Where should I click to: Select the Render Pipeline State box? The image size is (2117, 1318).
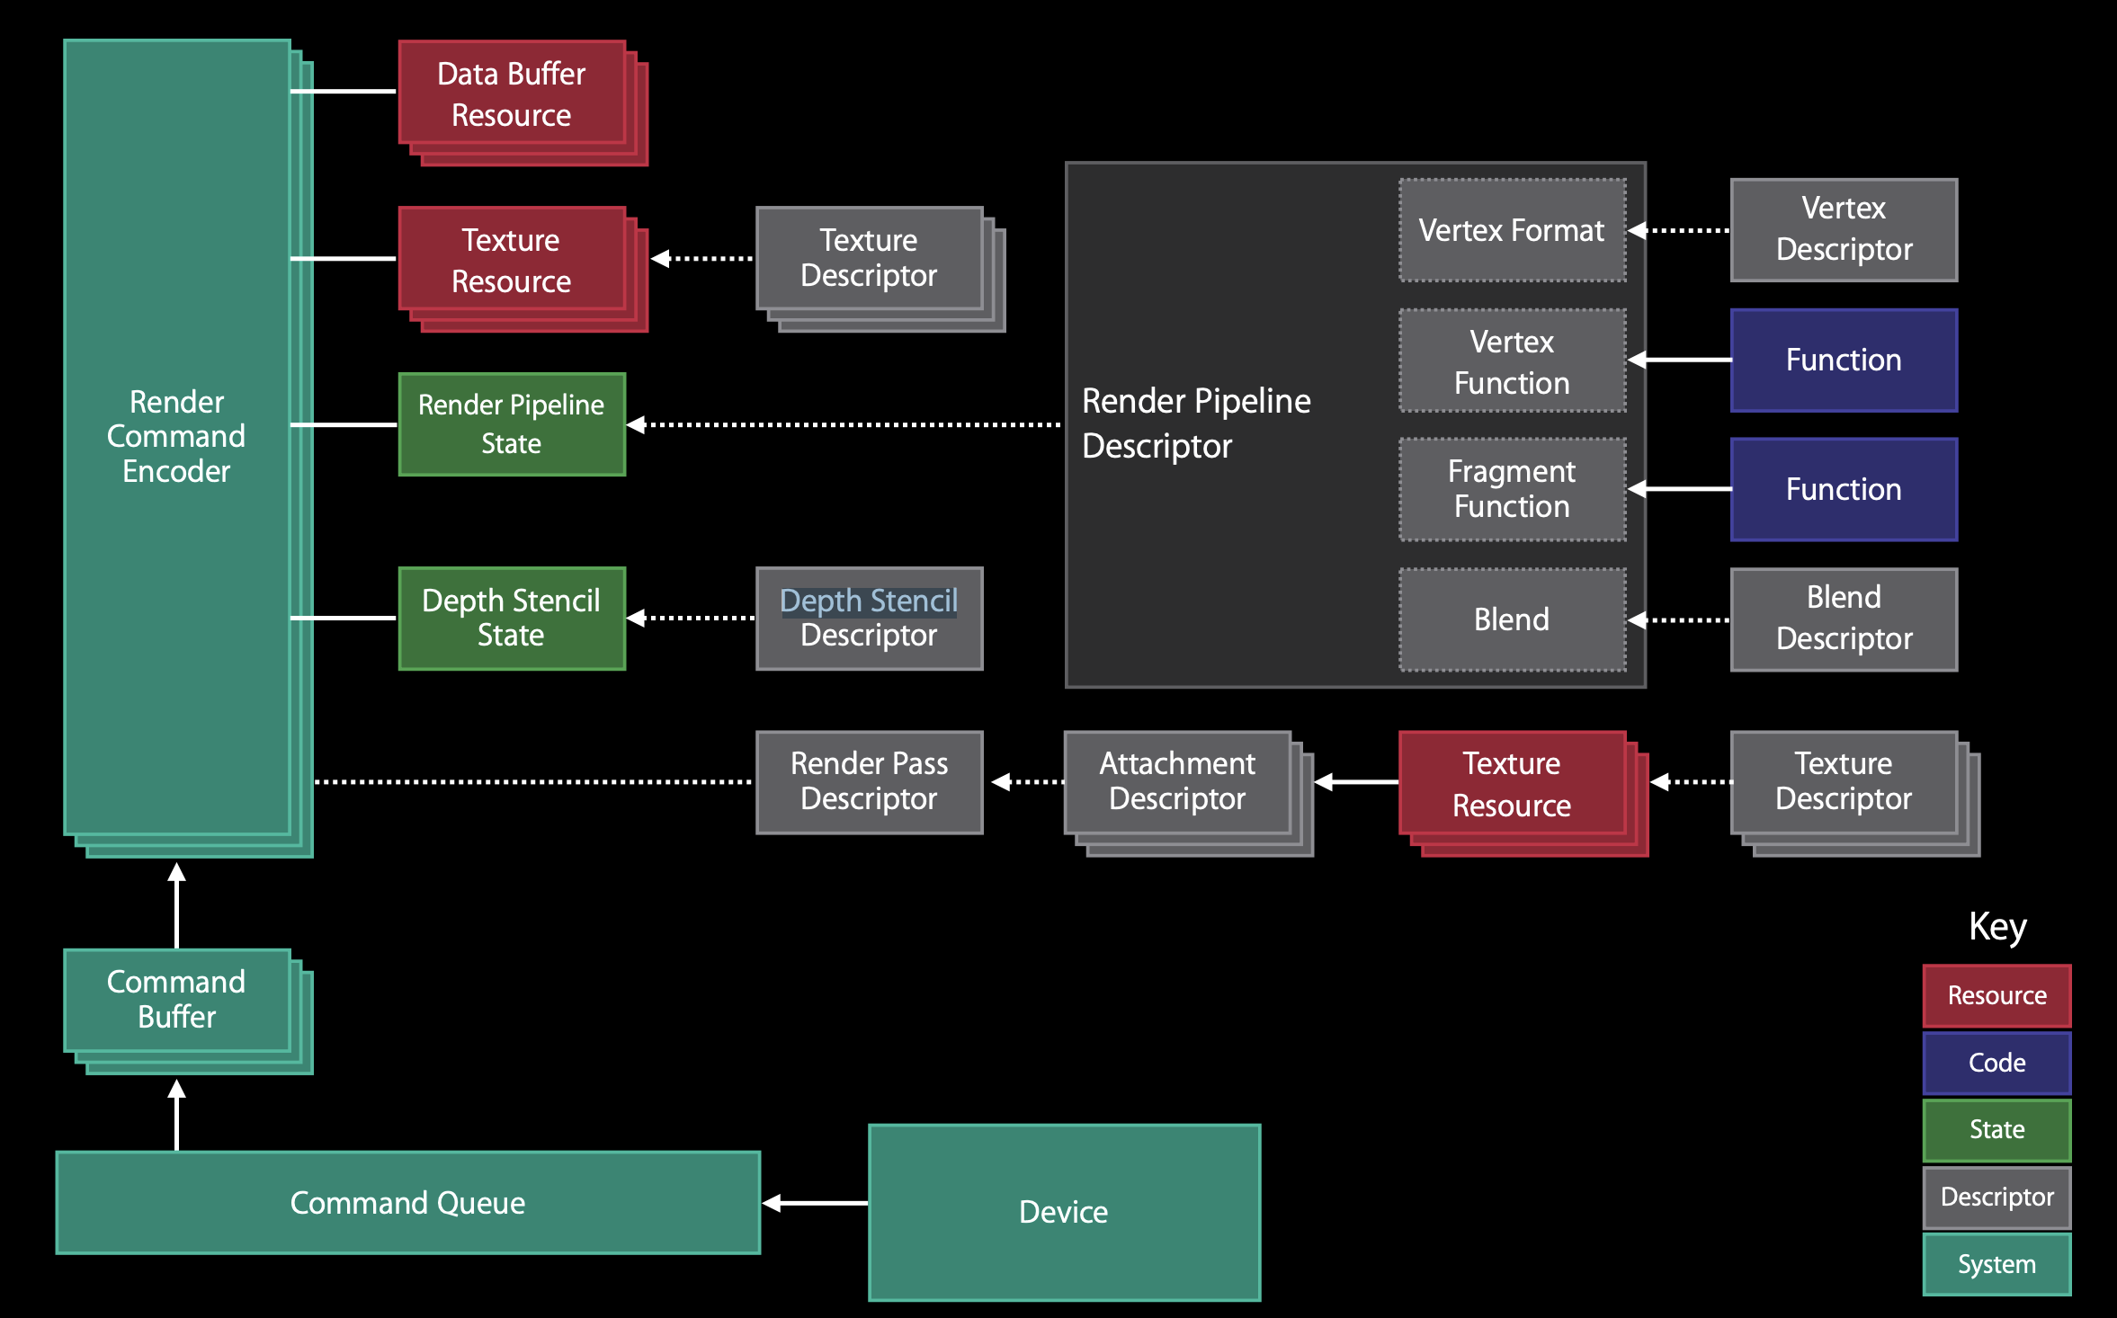tap(512, 424)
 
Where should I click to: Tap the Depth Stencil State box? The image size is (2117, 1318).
tap(512, 619)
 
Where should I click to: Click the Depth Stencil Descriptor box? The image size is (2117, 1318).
tap(870, 619)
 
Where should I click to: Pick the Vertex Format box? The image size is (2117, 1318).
tap(1513, 230)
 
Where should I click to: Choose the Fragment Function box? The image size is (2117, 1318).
tap(1513, 489)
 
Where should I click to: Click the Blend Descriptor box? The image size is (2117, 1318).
tap(1845, 619)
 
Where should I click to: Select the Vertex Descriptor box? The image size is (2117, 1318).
tap(1845, 230)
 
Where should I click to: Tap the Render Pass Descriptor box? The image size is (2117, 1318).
tap(870, 782)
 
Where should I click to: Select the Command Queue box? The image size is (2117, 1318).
tap(408, 1203)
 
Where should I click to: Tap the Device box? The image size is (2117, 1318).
tap(1065, 1212)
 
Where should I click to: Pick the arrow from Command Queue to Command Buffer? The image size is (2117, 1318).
tap(177, 1115)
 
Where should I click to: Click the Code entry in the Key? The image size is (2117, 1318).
tap(1997, 1063)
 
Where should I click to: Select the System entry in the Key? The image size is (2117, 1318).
tap(1997, 1264)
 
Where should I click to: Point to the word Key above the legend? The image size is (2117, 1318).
tap(1997, 927)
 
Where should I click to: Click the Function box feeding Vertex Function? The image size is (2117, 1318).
tap(1845, 360)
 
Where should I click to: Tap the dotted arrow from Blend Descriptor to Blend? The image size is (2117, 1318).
tap(1679, 619)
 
